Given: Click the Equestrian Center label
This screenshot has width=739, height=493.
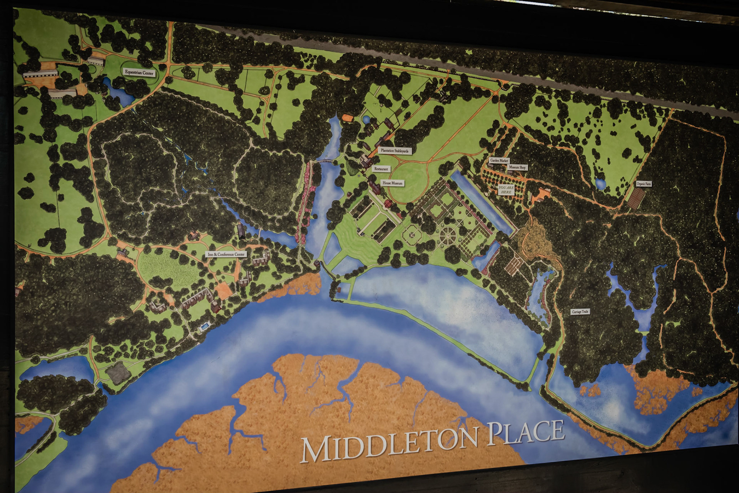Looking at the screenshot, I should coord(139,72).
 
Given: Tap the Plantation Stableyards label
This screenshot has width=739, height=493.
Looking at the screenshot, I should coord(394,151).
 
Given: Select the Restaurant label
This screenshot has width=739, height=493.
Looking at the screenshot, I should coord(381,169).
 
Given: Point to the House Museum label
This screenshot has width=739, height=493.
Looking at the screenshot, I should coord(392,183).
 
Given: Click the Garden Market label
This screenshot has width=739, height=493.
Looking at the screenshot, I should coord(499,160).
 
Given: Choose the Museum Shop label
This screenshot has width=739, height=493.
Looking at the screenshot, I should coord(517,167).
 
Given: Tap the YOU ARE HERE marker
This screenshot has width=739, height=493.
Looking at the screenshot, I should coord(506,189).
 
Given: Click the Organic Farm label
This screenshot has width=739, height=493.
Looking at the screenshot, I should coord(644,184).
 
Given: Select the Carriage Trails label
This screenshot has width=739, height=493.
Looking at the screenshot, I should coord(580,311).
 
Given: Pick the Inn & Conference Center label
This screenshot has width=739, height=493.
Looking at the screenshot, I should coord(226,254).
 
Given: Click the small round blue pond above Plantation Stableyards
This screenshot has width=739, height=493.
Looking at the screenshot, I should coord(366,120).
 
